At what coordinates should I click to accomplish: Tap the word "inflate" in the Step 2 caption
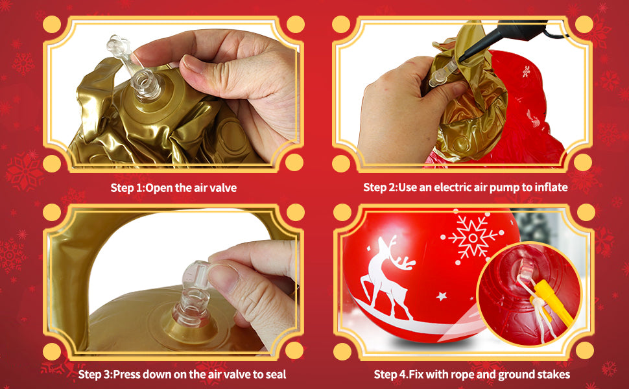(x=551, y=187)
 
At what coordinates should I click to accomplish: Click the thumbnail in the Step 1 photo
(x=194, y=64)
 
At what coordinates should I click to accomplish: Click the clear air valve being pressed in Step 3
(x=193, y=295)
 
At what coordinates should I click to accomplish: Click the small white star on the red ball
(x=442, y=296)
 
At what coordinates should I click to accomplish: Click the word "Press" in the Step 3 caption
(x=126, y=375)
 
